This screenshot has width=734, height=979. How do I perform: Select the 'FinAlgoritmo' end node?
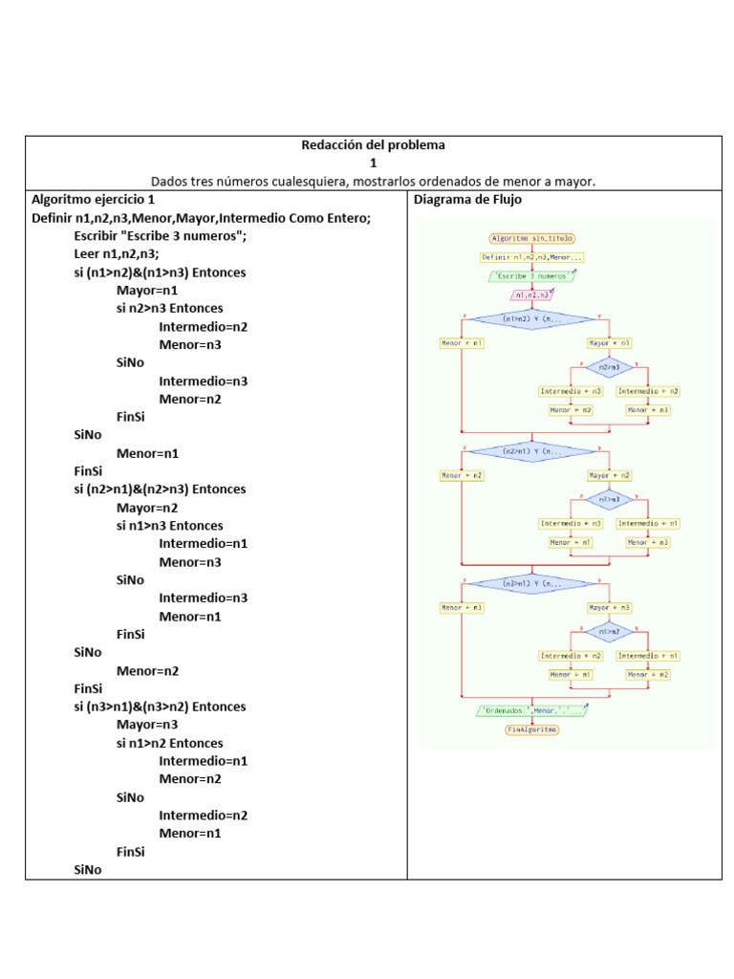[532, 729]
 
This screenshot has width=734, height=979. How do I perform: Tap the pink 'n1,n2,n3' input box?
[532, 295]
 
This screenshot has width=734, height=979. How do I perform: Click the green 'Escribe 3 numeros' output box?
[532, 276]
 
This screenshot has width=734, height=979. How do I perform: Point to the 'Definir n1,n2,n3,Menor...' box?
[532, 257]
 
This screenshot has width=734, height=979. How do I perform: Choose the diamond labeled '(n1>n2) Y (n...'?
[532, 319]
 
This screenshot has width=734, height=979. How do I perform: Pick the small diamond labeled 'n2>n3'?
[610, 366]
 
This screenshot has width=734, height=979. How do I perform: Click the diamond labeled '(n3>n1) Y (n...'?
[532, 583]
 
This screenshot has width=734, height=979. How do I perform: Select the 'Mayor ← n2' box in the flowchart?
[610, 475]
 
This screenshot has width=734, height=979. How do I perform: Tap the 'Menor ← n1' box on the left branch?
[462, 342]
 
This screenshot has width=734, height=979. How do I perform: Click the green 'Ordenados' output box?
[532, 710]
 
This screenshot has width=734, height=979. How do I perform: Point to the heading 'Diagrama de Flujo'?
[466, 201]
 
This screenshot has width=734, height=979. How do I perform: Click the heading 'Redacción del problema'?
[373, 145]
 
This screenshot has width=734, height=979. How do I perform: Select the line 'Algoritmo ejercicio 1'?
[93, 201]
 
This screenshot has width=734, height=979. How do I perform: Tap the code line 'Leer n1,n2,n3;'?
[117, 254]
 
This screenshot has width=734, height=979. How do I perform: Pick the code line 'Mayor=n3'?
[147, 725]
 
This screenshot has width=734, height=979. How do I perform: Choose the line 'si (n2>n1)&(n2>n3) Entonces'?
[160, 489]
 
